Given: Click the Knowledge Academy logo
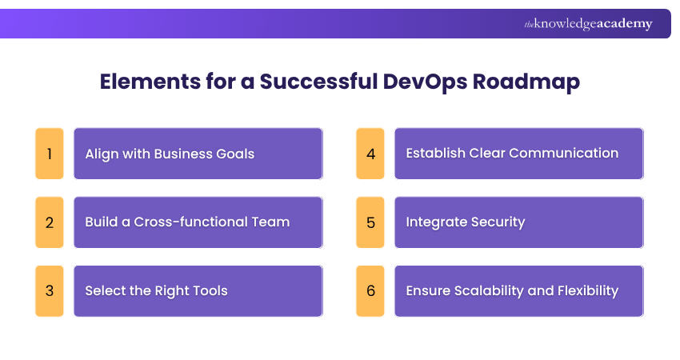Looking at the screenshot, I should [x=588, y=24].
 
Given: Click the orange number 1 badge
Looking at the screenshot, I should [x=50, y=153].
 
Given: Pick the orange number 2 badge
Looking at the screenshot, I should [x=50, y=222].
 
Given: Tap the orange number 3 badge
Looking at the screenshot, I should [x=50, y=290].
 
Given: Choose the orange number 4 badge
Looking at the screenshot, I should [x=370, y=153].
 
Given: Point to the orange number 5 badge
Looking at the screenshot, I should [x=370, y=222].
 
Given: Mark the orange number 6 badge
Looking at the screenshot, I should [x=370, y=290].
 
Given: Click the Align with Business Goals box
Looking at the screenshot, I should [x=198, y=153].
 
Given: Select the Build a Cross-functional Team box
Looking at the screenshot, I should [x=198, y=222].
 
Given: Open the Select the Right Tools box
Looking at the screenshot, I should [x=198, y=290].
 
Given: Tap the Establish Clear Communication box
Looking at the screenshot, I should [x=519, y=153].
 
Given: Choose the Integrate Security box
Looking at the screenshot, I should [x=519, y=222].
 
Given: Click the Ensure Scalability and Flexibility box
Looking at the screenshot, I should [x=519, y=290].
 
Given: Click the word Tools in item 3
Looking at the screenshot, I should [x=208, y=290].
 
